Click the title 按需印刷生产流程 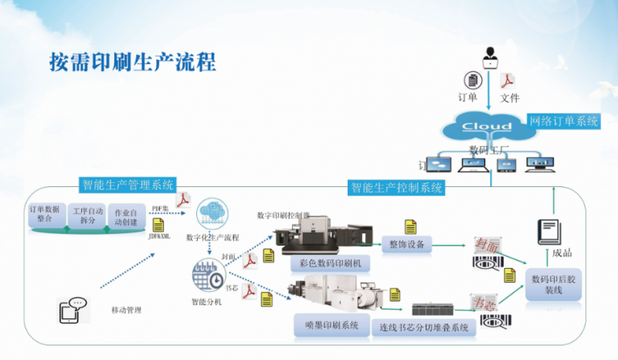132,61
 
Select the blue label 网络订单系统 563,121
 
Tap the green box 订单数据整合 46,213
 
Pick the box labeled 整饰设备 408,243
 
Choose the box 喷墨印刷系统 327,325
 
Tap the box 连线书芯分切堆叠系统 423,327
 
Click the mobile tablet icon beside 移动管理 71,310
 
